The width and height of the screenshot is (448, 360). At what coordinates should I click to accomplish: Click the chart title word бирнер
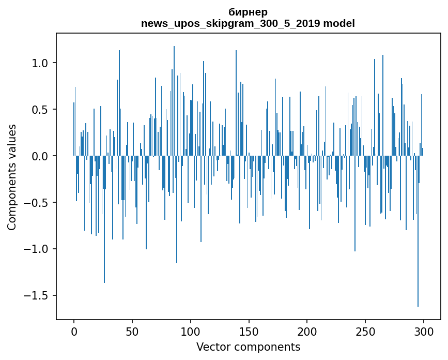pos(248,12)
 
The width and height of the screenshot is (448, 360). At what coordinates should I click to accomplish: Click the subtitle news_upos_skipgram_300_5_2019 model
pos(248,24)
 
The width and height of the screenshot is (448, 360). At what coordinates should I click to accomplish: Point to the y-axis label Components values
pos(12,177)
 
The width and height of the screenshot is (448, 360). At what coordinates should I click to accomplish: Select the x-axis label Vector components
pos(248,347)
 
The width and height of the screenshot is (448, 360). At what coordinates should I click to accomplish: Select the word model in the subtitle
pos(339,24)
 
